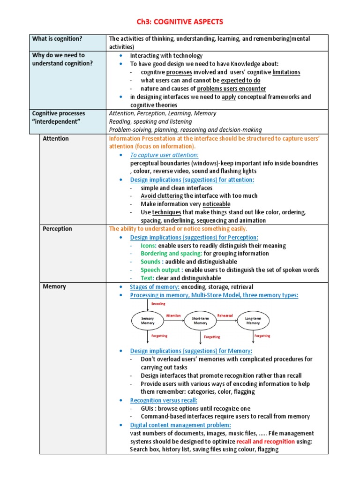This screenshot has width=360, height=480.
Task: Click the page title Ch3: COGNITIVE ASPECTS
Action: [x=180, y=22]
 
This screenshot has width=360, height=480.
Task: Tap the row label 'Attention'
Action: [x=55, y=139]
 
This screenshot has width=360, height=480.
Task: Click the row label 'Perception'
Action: [x=57, y=229]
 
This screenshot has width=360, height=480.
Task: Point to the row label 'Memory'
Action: [x=54, y=286]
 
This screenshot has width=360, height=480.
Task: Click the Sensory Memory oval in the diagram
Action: [x=148, y=321]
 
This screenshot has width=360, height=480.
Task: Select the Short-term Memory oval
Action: [x=200, y=321]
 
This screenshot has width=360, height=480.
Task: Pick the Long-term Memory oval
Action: [x=253, y=321]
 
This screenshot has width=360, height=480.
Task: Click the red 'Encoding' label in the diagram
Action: [x=158, y=304]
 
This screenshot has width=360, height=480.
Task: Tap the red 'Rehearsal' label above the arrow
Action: [x=225, y=315]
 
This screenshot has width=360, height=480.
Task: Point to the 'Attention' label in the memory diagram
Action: [x=173, y=315]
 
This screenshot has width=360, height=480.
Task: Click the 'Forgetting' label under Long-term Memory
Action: [x=262, y=336]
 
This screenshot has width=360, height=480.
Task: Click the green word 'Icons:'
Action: [x=149, y=246]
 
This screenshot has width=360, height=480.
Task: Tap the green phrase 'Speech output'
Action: [x=161, y=270]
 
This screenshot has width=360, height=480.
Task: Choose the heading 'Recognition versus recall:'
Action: [x=164, y=400]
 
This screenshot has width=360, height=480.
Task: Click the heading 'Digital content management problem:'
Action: [x=180, y=425]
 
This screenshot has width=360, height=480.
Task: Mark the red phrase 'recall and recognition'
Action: [x=265, y=441]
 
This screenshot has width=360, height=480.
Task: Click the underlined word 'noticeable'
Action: [x=216, y=204]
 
